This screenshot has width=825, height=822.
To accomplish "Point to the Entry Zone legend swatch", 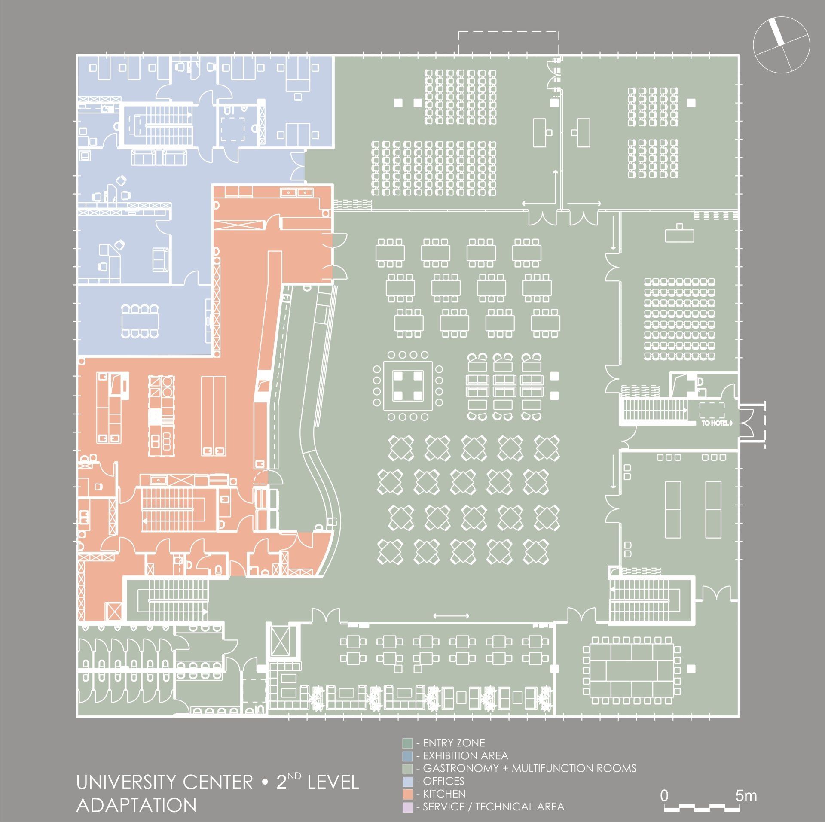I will tap(407, 743).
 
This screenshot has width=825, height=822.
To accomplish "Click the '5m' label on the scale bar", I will tap(746, 784).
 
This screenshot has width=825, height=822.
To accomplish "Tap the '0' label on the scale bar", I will tap(664, 784).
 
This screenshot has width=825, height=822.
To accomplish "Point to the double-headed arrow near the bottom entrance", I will tap(451, 616).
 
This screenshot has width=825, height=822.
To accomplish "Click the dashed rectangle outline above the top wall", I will tap(508, 42).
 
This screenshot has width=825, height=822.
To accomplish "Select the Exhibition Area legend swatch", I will tap(407, 755).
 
